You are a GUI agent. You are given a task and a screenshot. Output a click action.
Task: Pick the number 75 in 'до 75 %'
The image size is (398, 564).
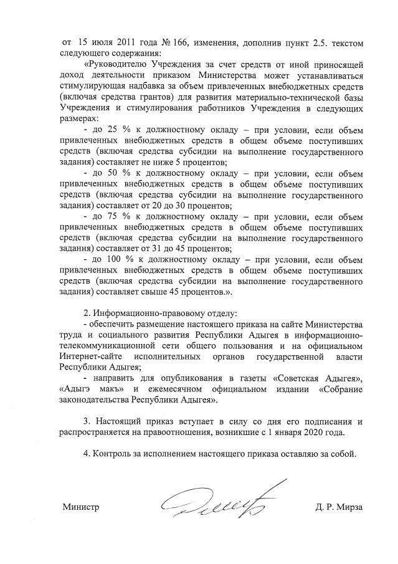coord(113,216)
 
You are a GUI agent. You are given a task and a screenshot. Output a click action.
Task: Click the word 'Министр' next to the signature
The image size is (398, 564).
coord(81,507)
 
